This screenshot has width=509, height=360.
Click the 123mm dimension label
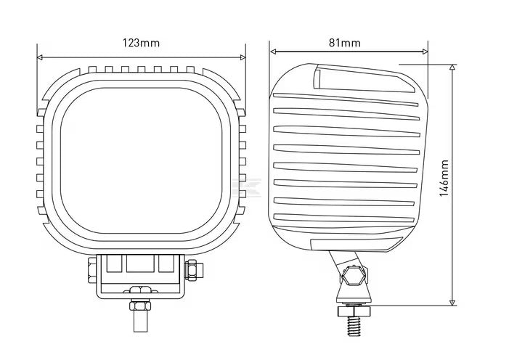[140, 43]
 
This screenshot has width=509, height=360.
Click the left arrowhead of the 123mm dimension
[41, 55]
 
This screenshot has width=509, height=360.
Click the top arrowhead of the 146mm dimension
[452, 67]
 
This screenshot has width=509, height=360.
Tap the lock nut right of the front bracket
[192, 271]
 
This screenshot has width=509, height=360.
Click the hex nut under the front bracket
[140, 292]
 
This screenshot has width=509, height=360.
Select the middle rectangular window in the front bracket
[139, 266]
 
